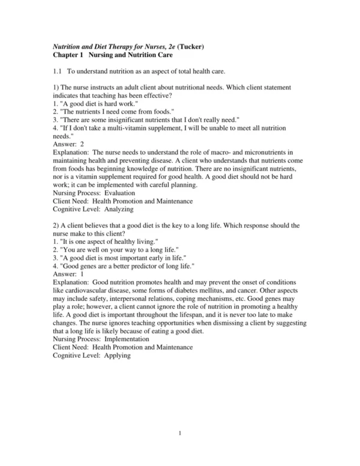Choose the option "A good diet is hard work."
(x=96, y=103)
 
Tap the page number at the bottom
(x=179, y=432)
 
